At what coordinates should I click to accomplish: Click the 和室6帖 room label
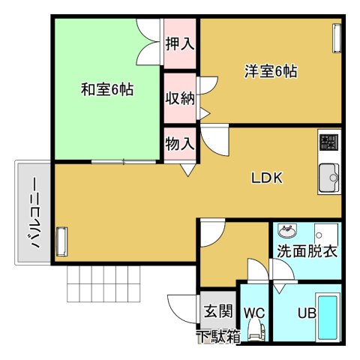tap(107, 90)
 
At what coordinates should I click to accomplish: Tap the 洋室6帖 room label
tap(271, 72)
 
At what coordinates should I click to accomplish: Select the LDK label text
tap(265, 178)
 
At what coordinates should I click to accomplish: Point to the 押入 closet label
tap(180, 44)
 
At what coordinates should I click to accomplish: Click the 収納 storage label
tap(180, 98)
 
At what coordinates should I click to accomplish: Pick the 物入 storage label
tap(180, 144)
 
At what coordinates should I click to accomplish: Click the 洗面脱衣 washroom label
tap(307, 251)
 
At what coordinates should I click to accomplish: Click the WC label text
tap(254, 310)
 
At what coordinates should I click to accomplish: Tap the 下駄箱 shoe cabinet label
tap(218, 336)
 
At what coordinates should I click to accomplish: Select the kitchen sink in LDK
tap(328, 178)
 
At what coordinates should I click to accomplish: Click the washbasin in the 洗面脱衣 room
tap(286, 229)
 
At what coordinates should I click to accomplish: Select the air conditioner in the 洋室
tap(335, 37)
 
